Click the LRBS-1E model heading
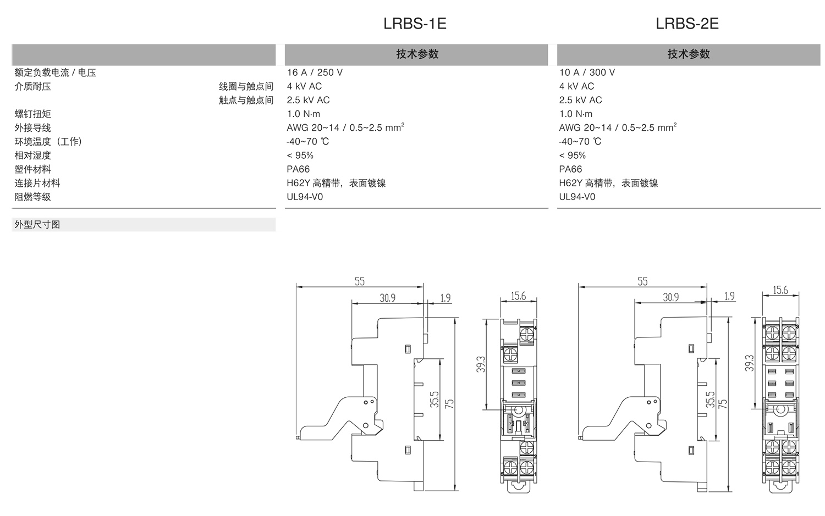point(414,24)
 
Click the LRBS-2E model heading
point(687,24)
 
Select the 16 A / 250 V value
point(315,73)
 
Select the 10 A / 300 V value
point(587,73)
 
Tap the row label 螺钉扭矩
point(32,114)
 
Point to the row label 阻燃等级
point(32,197)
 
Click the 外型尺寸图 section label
point(37,225)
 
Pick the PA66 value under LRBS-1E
point(298,169)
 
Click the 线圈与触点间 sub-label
point(246,86)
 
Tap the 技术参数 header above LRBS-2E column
point(689,54)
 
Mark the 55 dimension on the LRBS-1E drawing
point(359,281)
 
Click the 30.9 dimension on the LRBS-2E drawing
point(670,297)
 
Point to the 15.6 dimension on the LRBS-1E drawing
point(518,296)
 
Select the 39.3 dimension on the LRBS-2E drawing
point(749,363)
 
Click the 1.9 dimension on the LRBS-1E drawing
point(446,298)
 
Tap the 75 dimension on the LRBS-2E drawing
point(723,403)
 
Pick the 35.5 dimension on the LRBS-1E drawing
point(435,400)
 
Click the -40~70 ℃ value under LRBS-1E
point(307,142)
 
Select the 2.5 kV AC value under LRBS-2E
point(580,101)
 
